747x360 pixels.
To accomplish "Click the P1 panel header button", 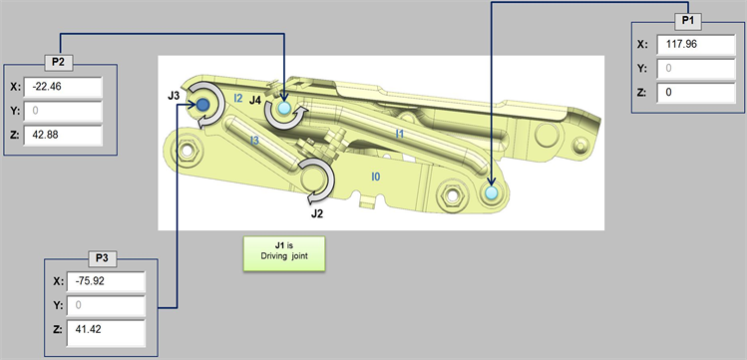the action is [x=688, y=22].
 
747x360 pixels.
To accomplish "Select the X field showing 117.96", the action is [x=695, y=44].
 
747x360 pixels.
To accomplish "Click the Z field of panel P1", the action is [x=695, y=93].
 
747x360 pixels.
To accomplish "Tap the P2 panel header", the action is [x=59, y=63].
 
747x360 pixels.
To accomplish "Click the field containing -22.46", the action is [x=63, y=87].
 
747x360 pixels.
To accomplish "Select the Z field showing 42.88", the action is [x=63, y=136].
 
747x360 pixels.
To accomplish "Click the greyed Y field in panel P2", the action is [x=63, y=111].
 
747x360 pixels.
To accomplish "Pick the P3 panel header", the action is [x=102, y=258].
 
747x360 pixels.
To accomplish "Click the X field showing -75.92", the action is [x=106, y=281].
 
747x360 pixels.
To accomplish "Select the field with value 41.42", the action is [x=106, y=333].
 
